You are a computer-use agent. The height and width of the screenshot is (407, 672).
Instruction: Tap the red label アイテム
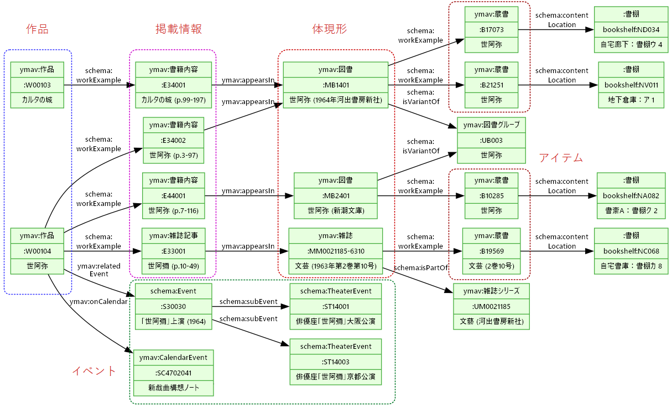pyautogui.click(x=561, y=158)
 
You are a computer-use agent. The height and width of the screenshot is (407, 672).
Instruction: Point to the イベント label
pyautogui.click(x=94, y=371)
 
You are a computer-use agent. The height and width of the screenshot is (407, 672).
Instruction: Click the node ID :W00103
pyautogui.click(x=37, y=85)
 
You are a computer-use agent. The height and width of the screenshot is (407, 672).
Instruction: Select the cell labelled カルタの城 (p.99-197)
pyautogui.click(x=174, y=100)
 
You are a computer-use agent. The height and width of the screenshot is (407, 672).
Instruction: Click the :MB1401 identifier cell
pyautogui.click(x=335, y=85)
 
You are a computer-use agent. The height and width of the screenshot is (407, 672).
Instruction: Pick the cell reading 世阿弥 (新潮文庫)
pyautogui.click(x=335, y=211)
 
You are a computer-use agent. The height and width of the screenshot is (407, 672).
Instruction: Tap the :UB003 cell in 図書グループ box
pyautogui.click(x=491, y=140)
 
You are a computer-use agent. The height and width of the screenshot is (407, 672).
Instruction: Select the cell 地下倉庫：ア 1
pyautogui.click(x=631, y=100)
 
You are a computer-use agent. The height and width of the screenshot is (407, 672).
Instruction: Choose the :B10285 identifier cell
pyautogui.click(x=491, y=195)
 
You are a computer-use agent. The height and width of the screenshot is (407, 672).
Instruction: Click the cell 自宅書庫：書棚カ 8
pyautogui.click(x=631, y=266)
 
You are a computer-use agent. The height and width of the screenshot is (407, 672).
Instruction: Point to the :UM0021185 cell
pyautogui.click(x=491, y=306)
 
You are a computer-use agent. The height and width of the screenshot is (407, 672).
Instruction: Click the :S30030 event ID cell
pyautogui.click(x=173, y=306)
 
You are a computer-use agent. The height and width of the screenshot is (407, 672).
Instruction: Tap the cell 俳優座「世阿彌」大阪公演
pyautogui.click(x=336, y=322)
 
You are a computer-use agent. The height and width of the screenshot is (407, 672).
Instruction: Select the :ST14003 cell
pyautogui.click(x=336, y=362)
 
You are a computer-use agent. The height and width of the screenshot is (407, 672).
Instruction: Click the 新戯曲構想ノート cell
pyautogui.click(x=173, y=388)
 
